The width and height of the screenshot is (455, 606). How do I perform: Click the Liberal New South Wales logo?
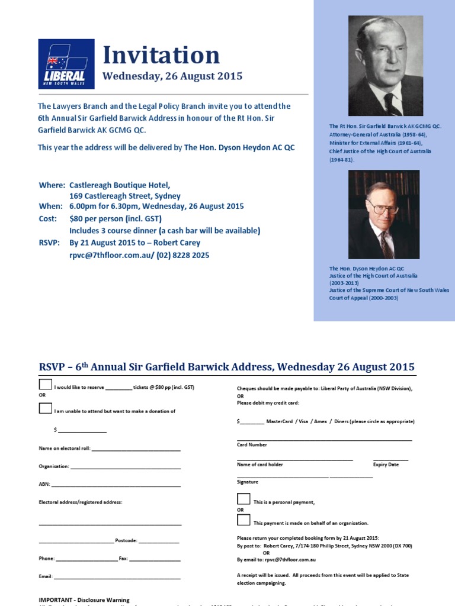pyautogui.click(x=66, y=64)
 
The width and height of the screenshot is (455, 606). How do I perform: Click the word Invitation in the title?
pyautogui.click(x=161, y=56)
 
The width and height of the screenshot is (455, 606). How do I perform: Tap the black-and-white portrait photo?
pyautogui.click(x=385, y=66)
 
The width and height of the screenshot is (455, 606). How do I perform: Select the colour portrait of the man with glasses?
pyautogui.click(x=383, y=214)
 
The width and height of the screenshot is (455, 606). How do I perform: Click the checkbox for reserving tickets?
pyautogui.click(x=46, y=385)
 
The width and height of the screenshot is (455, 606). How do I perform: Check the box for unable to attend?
pyautogui.click(x=46, y=408)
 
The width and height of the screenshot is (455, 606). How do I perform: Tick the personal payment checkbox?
pyautogui.click(x=243, y=499)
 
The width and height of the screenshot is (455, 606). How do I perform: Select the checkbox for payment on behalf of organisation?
pyautogui.click(x=243, y=520)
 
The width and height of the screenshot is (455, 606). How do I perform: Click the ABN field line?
pyautogui.click(x=116, y=486)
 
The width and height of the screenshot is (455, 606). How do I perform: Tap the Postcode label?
pyautogui.click(x=126, y=541)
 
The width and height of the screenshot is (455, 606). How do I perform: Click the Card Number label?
pyautogui.click(x=252, y=444)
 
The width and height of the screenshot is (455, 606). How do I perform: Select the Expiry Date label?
pyautogui.click(x=386, y=465)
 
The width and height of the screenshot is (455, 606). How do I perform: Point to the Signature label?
pyautogui.click(x=247, y=482)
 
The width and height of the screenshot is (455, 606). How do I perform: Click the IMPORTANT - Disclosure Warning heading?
pyautogui.click(x=84, y=599)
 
